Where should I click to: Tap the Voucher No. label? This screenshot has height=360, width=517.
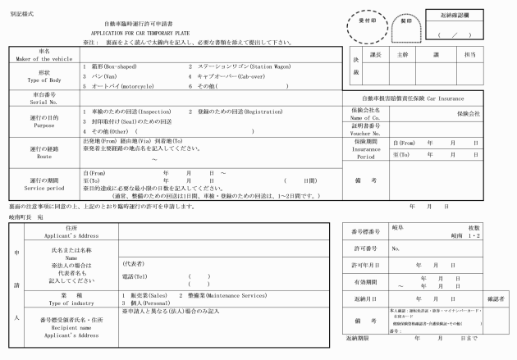[366, 131]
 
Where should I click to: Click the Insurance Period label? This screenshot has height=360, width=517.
[366, 151]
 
